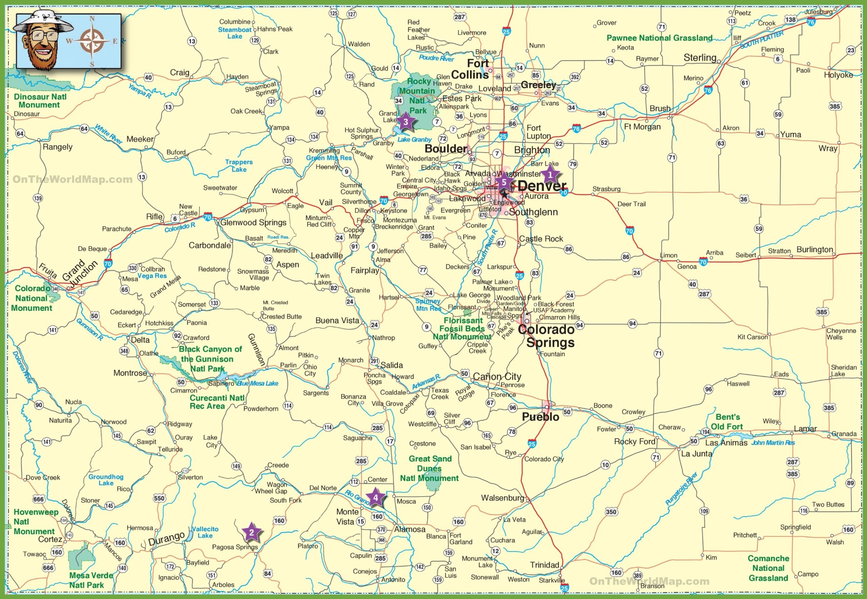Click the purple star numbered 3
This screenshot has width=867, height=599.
click(405, 122)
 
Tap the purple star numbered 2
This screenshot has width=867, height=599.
click(251, 532)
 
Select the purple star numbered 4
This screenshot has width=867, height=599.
click(375, 498)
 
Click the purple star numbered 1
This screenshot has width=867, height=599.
click(550, 175)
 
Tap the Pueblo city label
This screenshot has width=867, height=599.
click(541, 417)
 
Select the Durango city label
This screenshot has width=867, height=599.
click(166, 539)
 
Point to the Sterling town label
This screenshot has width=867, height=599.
click(700, 57)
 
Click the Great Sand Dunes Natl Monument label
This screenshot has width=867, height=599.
click(429, 468)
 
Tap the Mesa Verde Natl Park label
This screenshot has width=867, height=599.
click(86, 580)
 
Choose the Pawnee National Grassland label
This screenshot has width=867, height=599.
click(659, 38)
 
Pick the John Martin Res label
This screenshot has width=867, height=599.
click(773, 442)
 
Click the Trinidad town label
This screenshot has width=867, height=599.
click(544, 565)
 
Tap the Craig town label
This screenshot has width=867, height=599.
click(179, 73)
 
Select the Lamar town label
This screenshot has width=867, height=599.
click(805, 428)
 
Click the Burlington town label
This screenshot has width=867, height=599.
click(815, 249)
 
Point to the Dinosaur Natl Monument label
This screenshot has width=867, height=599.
click(40, 101)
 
